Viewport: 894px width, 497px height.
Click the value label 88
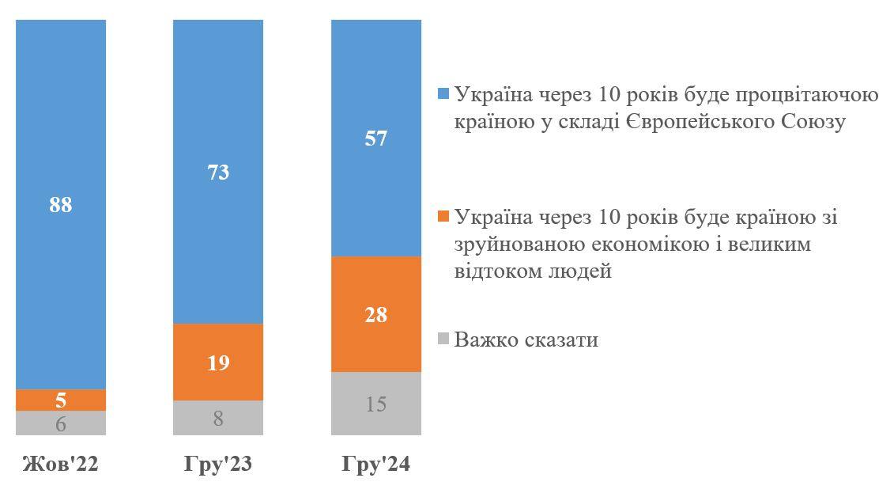[60, 205]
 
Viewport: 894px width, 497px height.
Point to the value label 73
[218, 172]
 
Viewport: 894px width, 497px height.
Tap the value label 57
[376, 138]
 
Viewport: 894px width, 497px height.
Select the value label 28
[376, 315]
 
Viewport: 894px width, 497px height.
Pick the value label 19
[218, 363]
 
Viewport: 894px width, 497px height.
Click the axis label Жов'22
[60, 464]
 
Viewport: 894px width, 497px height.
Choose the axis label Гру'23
[218, 464]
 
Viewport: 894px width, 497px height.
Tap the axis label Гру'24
[376, 464]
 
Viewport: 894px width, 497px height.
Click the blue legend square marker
[443, 94]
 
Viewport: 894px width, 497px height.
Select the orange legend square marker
[443, 217]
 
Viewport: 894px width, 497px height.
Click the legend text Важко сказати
[526, 340]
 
